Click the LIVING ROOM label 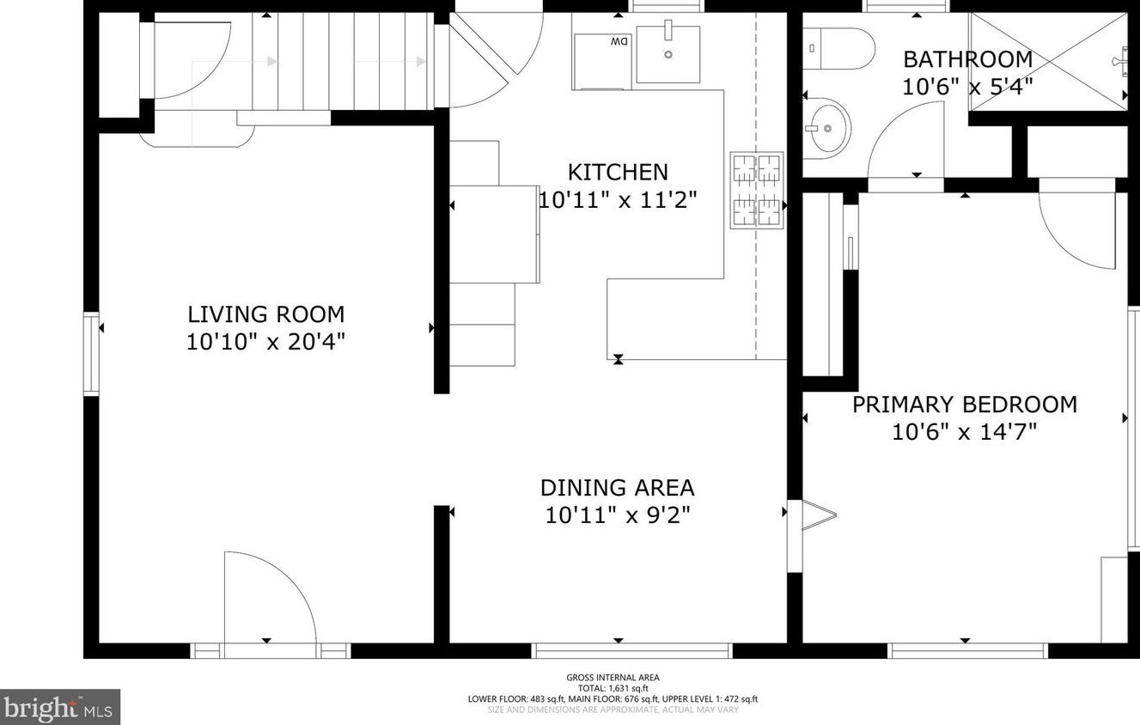266,314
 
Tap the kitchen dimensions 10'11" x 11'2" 618,200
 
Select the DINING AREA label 618,488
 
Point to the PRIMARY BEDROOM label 965,405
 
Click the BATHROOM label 968,59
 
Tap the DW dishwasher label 619,41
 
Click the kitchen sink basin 668,53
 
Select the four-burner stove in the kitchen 757,191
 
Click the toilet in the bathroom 838,48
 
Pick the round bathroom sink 827,128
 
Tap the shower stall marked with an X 1048,61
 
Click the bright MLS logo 60,707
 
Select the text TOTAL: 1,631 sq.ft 613,688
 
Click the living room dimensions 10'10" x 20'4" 266,342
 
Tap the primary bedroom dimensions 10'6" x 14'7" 965,432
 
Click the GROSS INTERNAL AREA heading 613,678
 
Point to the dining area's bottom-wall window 631,651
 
